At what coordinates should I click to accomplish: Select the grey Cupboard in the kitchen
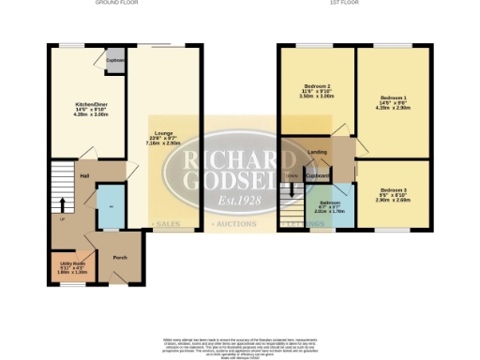(115, 61)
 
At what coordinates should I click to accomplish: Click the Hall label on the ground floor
(84, 175)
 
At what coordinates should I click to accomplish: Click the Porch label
(119, 257)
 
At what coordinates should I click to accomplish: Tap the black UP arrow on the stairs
(63, 203)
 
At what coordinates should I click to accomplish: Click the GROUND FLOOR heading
(117, 4)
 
